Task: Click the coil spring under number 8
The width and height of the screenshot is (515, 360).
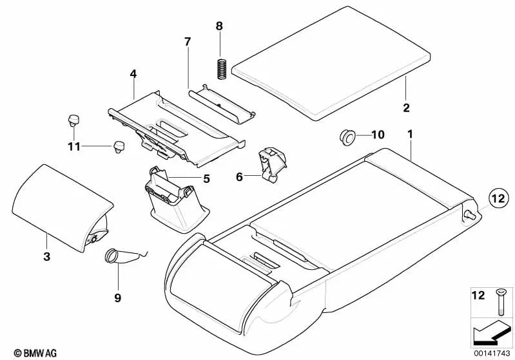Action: pyautogui.click(x=220, y=68)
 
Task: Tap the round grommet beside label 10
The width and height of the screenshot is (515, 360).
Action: pyautogui.click(x=349, y=136)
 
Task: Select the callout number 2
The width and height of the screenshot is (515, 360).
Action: pyautogui.click(x=407, y=107)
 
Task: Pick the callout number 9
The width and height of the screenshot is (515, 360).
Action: pyautogui.click(x=118, y=298)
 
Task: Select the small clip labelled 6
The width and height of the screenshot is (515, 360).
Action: pyautogui.click(x=272, y=164)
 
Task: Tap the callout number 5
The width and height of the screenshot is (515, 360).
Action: pyautogui.click(x=207, y=178)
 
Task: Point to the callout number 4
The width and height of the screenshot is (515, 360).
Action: pyautogui.click(x=133, y=74)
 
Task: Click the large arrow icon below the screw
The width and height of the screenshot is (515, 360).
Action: pyautogui.click(x=491, y=334)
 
